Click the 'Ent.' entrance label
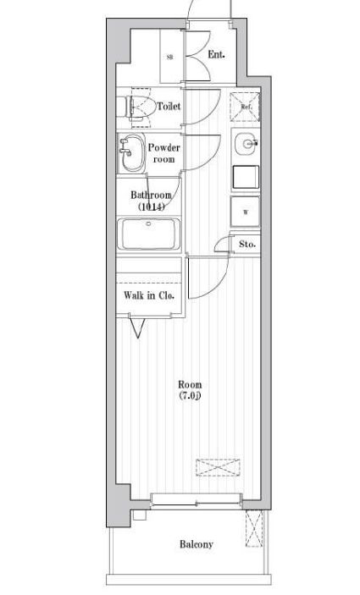216,55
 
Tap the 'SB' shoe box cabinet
170,57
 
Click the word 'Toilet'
169,107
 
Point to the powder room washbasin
131,152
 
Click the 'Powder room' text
163,153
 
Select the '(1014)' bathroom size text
151,207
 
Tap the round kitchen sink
247,143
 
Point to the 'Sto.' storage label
246,245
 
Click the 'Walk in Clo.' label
149,295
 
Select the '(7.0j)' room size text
190,395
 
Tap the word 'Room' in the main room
190,383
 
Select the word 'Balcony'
196,544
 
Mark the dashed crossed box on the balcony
252,531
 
